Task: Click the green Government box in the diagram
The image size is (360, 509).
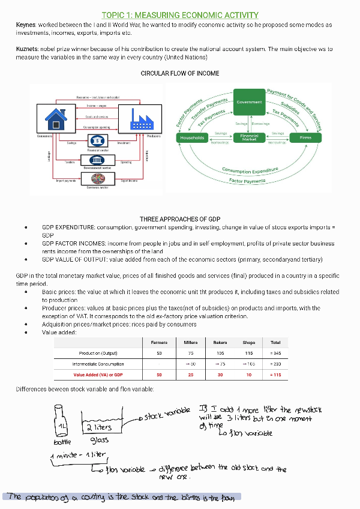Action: [249, 103]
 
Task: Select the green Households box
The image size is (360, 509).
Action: [192, 138]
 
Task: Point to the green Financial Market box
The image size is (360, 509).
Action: [249, 138]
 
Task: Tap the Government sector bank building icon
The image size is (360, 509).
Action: [97, 160]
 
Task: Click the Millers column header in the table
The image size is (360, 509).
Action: [191, 343]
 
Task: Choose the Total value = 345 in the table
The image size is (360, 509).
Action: [275, 353]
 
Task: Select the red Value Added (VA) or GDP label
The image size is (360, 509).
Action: [99, 375]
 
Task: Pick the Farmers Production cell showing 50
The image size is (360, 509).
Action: [159, 353]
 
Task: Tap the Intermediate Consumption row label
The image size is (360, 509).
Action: [98, 364]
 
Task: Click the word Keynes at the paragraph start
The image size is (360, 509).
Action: [26, 25]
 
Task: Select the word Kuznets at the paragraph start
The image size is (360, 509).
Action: [27, 48]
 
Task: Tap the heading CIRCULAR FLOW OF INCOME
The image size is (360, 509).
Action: [180, 73]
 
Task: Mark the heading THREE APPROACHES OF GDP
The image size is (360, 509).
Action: [180, 219]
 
